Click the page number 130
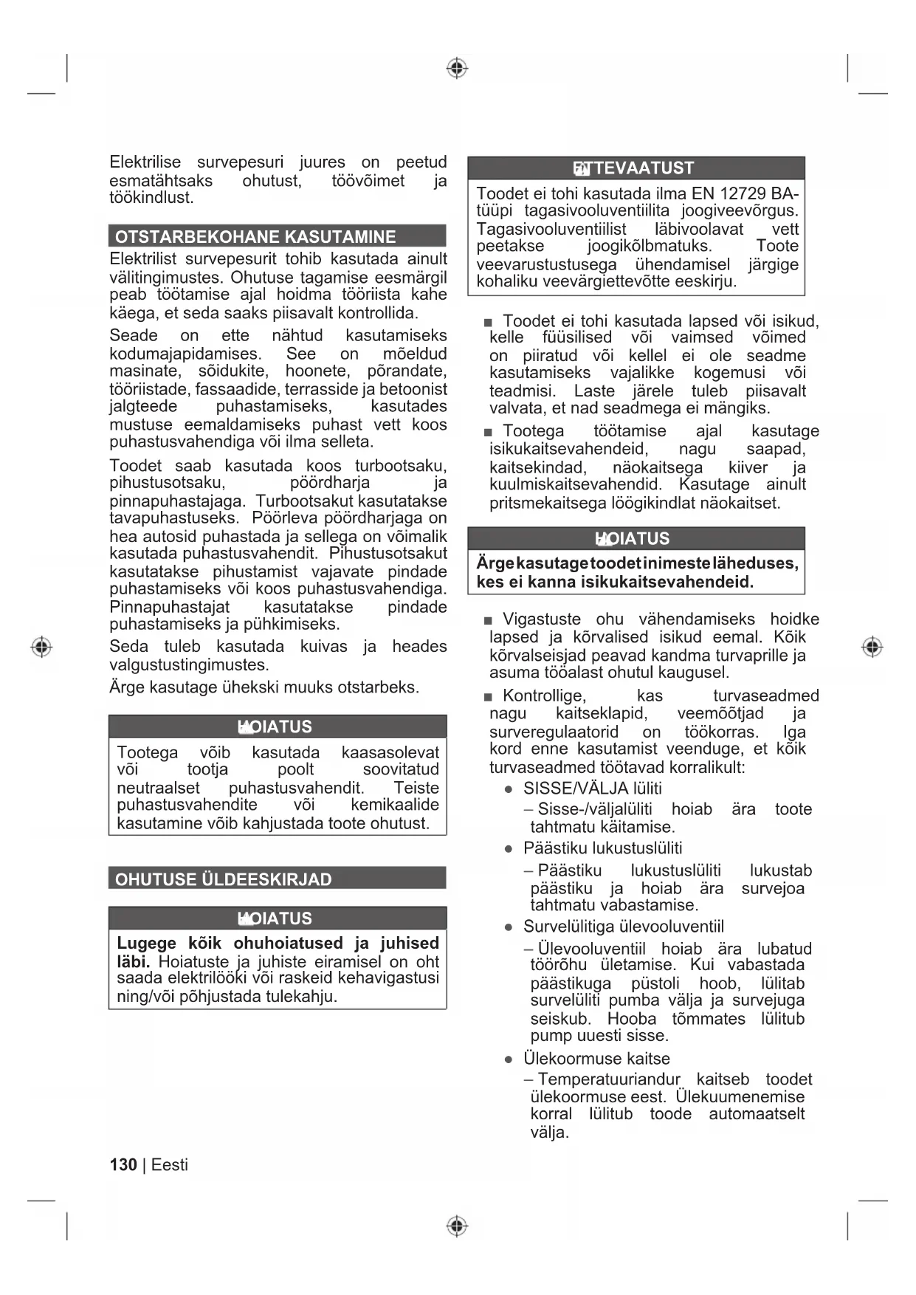click(123, 1164)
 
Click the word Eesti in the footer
click(170, 1164)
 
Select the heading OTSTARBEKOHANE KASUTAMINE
click(255, 237)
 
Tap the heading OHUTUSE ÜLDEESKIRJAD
click(224, 879)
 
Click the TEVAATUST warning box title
click(636, 168)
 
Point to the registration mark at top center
click(458, 69)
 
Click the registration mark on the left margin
click(41, 647)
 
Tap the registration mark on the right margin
click(872, 647)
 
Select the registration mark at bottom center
click(458, 1226)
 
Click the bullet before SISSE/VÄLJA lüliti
click(509, 789)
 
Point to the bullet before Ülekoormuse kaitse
click(509, 1059)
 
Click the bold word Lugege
click(147, 943)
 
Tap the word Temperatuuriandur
click(609, 1079)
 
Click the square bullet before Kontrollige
click(488, 697)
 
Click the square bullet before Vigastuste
click(488, 620)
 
